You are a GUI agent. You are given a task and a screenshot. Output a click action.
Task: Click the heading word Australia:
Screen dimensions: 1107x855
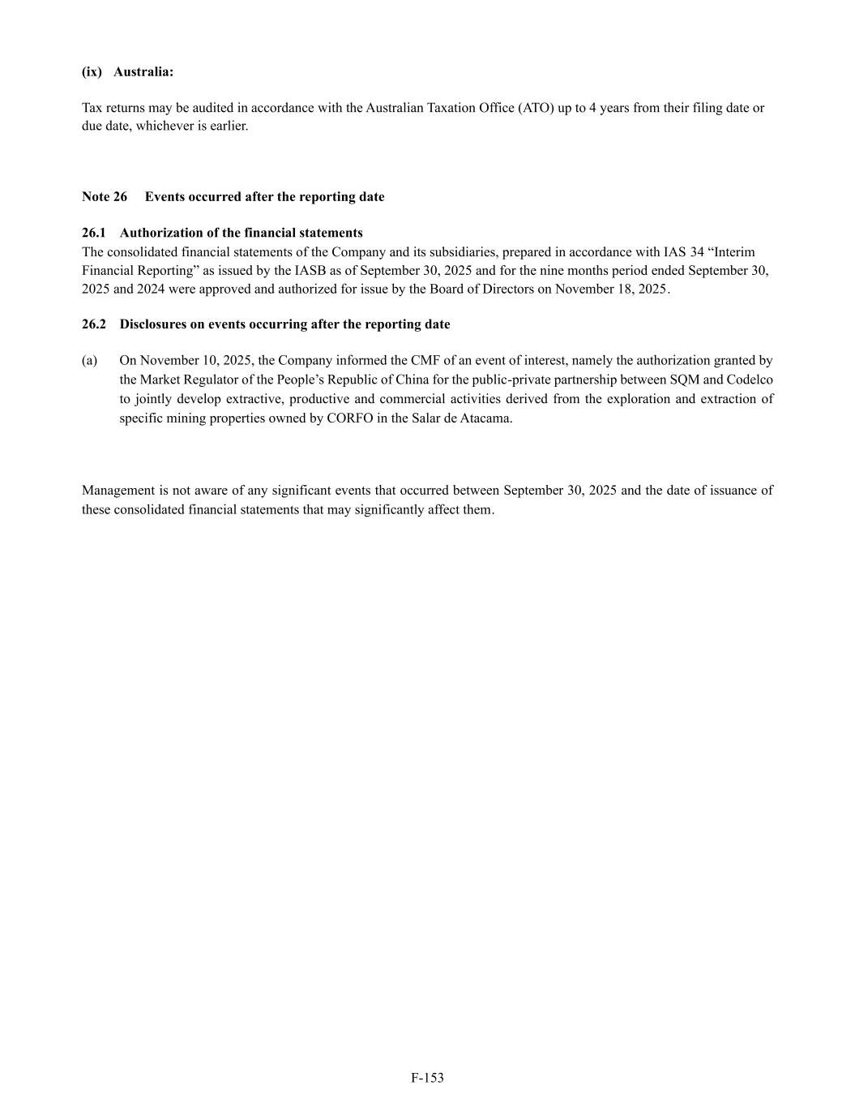(x=143, y=71)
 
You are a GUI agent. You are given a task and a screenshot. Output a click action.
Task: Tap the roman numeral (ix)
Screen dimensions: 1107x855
(x=92, y=71)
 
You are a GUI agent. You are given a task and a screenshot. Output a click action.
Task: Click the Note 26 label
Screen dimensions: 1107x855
(x=105, y=197)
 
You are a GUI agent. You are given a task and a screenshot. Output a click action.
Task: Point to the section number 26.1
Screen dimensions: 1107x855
(x=94, y=233)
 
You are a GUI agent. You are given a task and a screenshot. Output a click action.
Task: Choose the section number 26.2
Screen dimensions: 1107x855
(x=94, y=324)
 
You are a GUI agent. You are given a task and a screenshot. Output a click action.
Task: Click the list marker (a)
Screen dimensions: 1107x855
(x=89, y=360)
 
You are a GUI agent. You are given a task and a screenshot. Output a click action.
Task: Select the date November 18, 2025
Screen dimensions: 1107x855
(x=612, y=289)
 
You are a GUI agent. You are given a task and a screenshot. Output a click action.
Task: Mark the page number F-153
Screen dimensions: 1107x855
(x=427, y=1078)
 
